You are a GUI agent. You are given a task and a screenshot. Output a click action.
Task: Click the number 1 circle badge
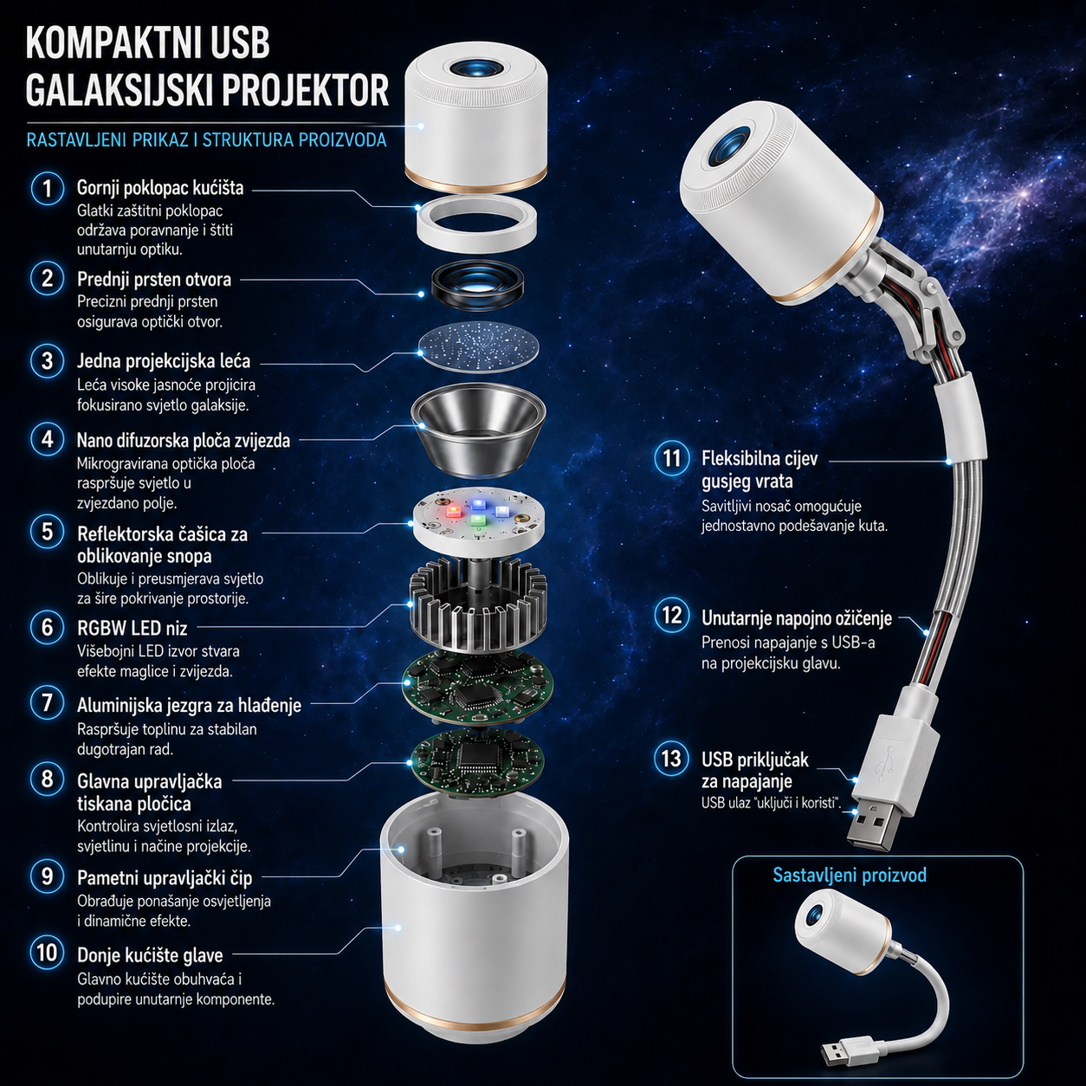pyautogui.click(x=48, y=188)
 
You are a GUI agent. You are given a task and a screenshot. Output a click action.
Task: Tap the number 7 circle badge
pyautogui.click(x=48, y=703)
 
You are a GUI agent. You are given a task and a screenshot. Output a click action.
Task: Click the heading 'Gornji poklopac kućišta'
pyautogui.click(x=160, y=188)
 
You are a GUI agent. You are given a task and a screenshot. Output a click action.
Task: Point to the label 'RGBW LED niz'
pyautogui.click(x=133, y=628)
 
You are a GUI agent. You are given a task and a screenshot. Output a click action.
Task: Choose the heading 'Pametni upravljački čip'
pyautogui.click(x=165, y=877)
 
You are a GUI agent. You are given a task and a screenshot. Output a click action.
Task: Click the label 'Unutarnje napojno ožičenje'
pyautogui.click(x=797, y=618)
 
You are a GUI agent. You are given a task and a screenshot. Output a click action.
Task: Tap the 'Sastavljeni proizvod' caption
pyautogui.click(x=850, y=876)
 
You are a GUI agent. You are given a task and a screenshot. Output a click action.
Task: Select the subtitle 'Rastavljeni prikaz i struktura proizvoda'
pyautogui.click(x=207, y=139)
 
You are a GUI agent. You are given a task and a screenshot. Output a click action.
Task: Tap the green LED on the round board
pyautogui.click(x=478, y=520)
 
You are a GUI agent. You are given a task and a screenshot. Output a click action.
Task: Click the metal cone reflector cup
pyautogui.click(x=478, y=427)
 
